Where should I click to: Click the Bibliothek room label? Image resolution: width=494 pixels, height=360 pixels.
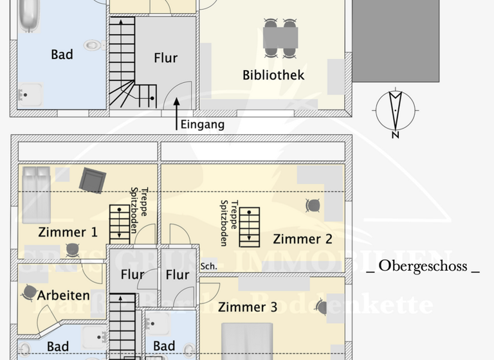click(x=273, y=75)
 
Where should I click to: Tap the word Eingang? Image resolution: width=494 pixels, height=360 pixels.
click(x=202, y=125)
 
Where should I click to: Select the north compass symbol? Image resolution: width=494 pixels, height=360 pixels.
click(x=396, y=110)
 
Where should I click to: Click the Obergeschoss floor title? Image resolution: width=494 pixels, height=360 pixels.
click(x=423, y=266)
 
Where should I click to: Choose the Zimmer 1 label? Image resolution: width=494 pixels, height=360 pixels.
click(x=68, y=232)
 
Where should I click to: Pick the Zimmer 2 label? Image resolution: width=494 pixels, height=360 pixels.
click(x=302, y=239)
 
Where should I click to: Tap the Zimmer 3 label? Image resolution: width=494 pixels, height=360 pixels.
click(x=248, y=307)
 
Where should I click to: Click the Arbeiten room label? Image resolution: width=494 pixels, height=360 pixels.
click(x=63, y=295)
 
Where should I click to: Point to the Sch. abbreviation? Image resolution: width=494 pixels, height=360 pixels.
click(x=208, y=266)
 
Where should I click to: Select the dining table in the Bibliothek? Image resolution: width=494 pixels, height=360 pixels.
click(x=280, y=38)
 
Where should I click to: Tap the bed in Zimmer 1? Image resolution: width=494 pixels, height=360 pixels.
click(x=36, y=194)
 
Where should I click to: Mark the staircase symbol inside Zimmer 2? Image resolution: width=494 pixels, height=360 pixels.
click(x=249, y=226)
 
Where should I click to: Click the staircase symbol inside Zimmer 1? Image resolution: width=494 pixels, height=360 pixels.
click(x=119, y=224)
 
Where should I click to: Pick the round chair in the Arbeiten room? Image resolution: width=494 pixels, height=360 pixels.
click(x=29, y=292)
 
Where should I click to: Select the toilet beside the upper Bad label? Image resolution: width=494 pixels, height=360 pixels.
click(x=94, y=46)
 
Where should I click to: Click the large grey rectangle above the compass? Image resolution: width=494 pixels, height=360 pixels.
click(x=396, y=40)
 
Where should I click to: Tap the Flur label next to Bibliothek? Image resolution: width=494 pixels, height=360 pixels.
click(x=165, y=58)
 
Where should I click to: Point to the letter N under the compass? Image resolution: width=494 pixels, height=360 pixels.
click(x=396, y=134)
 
